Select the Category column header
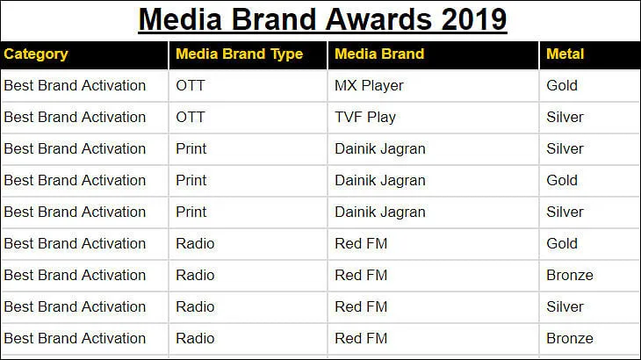(x=36, y=54)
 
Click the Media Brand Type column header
(x=239, y=54)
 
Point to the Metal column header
(x=565, y=54)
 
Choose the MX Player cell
(x=369, y=86)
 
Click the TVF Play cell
(x=365, y=118)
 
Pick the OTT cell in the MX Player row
(x=190, y=85)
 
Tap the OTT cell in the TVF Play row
(x=190, y=117)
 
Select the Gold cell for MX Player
(x=562, y=85)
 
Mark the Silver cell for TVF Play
(x=565, y=117)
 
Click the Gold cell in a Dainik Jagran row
(x=562, y=180)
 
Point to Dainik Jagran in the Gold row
(x=380, y=181)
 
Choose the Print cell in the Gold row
(x=191, y=180)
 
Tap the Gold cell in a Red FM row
(x=562, y=243)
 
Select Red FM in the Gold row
(x=361, y=243)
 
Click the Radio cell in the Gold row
(x=195, y=243)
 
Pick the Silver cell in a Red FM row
(x=565, y=307)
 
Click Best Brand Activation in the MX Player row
(x=75, y=85)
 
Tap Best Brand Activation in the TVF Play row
(x=75, y=117)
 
